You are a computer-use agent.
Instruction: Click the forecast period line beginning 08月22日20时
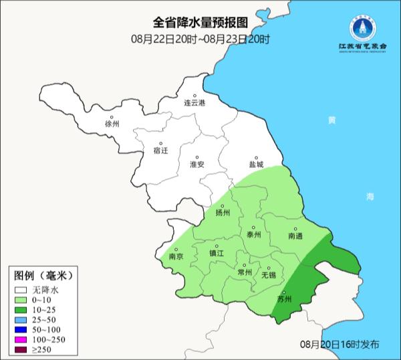200,39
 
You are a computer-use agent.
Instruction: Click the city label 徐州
112,124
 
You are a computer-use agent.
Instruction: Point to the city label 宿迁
161,151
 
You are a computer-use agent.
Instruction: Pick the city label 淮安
197,164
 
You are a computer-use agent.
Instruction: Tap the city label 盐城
255,164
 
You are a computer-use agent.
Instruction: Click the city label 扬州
223,213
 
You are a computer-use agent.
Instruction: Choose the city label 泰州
253,235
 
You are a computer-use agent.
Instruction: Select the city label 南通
295,236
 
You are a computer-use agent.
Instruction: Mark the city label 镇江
217,253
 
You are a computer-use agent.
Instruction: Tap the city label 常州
245,272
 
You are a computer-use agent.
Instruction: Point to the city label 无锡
268,275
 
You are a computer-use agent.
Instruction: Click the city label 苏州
284,299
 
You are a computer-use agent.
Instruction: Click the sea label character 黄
331,120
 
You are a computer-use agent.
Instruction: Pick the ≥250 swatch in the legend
22,350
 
